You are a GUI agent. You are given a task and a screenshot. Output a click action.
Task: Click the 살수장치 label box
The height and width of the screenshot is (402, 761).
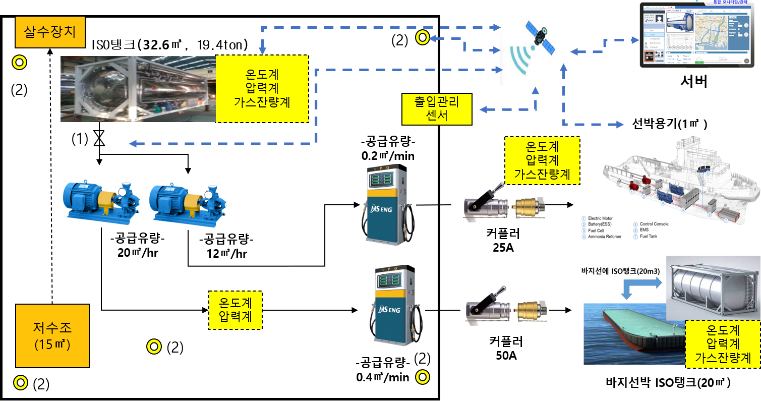pos(50,32)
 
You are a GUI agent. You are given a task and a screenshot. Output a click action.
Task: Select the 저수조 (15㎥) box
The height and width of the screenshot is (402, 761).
pos(52,335)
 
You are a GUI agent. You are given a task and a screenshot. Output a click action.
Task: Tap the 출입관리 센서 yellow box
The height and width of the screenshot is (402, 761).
pos(437,109)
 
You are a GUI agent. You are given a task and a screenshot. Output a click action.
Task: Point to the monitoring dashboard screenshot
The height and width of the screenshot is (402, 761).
pos(699,35)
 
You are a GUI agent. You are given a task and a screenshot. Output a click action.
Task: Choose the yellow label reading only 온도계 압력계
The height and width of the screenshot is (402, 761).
pos(236,310)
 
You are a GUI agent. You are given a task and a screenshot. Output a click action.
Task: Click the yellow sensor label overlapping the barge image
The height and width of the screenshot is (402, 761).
pos(723,344)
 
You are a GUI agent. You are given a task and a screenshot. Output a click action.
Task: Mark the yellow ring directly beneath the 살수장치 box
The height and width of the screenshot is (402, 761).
pos(19,63)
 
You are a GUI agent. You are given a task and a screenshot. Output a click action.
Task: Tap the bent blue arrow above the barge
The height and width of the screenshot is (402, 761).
pos(641,288)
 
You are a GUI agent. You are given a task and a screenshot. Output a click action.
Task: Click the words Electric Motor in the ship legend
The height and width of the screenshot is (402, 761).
pos(604,218)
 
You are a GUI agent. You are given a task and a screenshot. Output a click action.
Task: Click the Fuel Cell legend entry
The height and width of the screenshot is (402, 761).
pos(598,231)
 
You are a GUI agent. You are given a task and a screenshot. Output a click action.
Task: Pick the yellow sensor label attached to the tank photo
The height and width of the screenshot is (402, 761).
pos(262,89)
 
